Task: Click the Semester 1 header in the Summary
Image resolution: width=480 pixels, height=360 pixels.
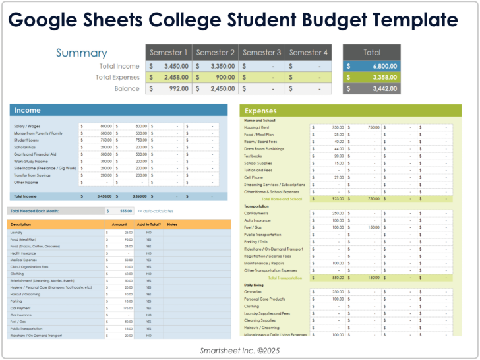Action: [169, 53]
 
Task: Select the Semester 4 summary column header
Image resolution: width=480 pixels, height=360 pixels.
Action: [309, 53]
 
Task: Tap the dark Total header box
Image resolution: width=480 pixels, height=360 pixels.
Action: [371, 53]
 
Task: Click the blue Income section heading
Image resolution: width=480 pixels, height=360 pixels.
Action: [28, 111]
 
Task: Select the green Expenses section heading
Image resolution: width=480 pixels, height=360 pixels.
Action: [260, 111]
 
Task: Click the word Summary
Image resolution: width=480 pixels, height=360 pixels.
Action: [81, 53]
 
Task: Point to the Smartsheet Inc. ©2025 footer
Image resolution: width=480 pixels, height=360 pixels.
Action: [239, 351]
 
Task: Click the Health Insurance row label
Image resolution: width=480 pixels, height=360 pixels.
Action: [24, 253]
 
